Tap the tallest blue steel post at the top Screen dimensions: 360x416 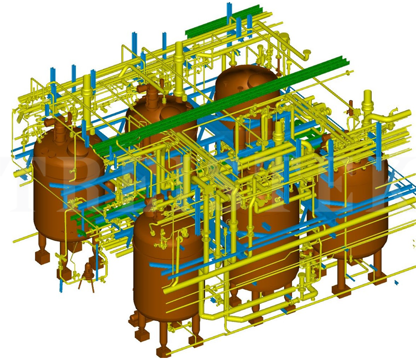[228, 16]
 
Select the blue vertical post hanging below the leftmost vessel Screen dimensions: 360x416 [62, 276]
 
